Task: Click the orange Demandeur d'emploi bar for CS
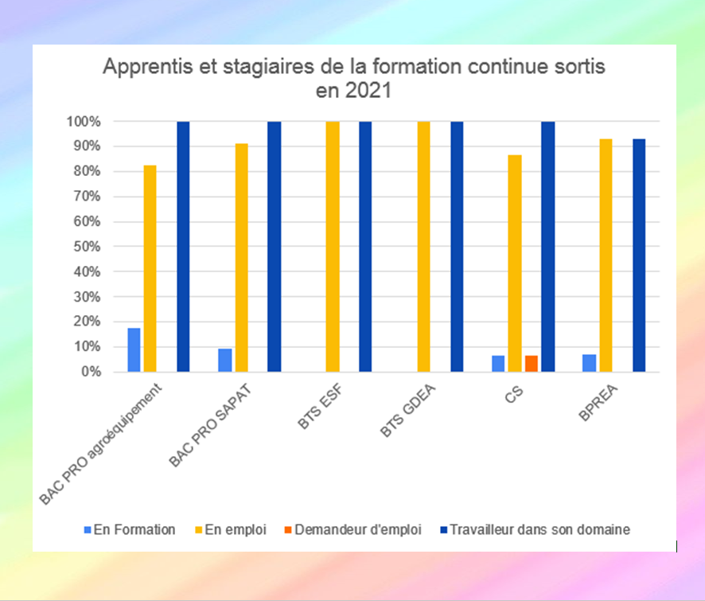pos(531,364)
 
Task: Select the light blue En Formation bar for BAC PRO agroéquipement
pos(134,349)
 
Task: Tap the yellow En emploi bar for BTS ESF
pos(333,247)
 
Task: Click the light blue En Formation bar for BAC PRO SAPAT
pos(225,360)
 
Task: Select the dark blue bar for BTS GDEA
pos(457,247)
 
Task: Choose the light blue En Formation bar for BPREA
pos(590,363)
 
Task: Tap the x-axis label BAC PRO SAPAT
pos(208,427)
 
